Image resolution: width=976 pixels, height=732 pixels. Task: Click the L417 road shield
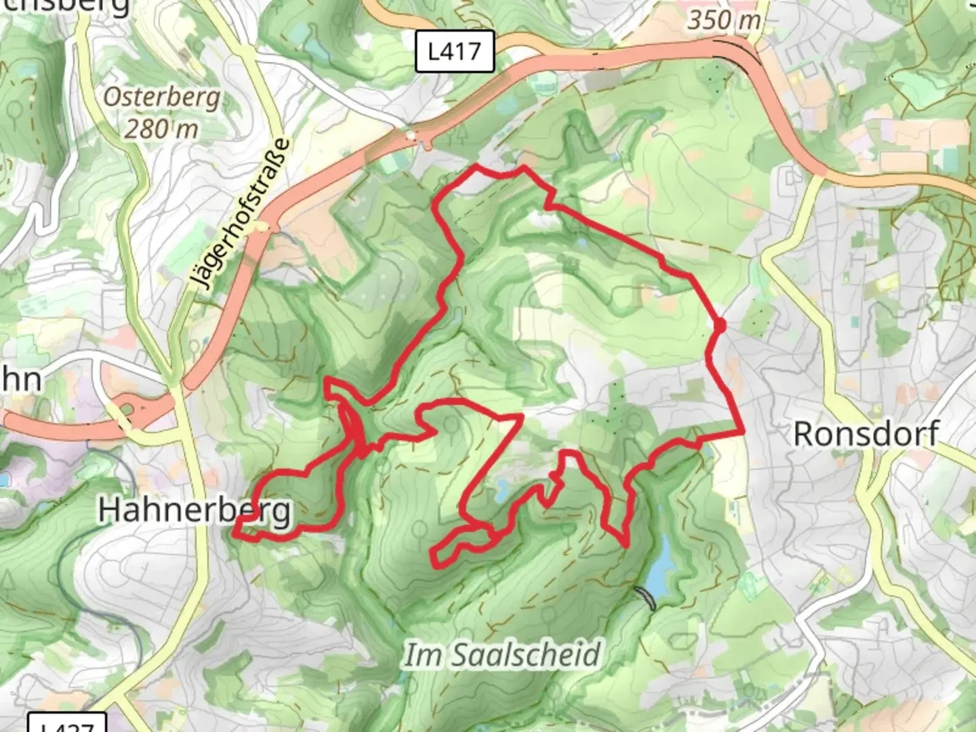454,51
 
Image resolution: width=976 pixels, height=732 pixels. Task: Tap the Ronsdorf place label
866,434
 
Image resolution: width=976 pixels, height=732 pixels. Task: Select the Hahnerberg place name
195,510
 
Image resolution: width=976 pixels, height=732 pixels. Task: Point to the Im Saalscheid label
502,655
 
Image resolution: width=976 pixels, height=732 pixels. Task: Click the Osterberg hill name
162,98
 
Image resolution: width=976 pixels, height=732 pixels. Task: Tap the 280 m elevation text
161,127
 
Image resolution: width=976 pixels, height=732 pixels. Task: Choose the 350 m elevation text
724,20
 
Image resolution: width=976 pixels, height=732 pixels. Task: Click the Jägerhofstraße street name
240,214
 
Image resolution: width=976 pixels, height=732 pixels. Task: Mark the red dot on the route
719,326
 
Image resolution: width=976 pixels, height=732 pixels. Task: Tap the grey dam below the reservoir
646,598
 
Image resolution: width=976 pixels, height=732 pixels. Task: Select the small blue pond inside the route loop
503,487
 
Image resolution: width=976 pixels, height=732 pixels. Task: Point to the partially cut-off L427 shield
67,724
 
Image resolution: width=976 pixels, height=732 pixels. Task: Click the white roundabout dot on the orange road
411,136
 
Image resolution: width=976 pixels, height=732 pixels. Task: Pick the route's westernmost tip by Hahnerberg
235,534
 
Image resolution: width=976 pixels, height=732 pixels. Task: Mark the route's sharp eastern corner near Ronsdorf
743,431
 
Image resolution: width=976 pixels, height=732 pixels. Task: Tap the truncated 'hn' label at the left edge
20,380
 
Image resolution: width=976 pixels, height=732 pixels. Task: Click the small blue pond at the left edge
3,481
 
